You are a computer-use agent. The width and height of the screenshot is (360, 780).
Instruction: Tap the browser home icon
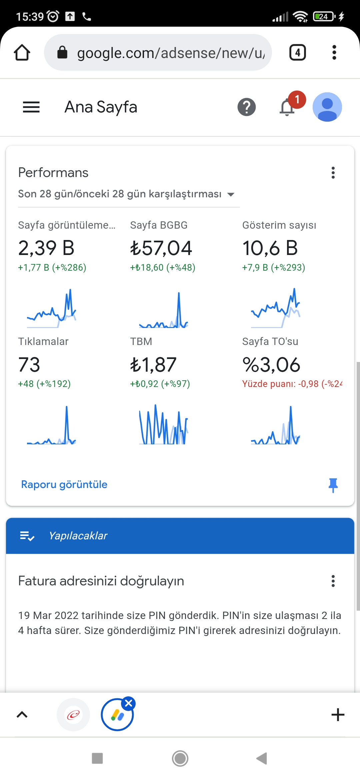[x=22, y=52]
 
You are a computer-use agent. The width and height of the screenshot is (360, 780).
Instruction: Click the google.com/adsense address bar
[x=158, y=52]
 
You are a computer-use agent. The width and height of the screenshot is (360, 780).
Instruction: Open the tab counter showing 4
[x=298, y=52]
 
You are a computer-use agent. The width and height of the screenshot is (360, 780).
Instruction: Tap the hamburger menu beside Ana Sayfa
[x=31, y=107]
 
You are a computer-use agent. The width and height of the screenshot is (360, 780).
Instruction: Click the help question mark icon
[x=247, y=107]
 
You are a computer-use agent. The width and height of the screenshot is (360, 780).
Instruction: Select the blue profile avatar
[x=327, y=107]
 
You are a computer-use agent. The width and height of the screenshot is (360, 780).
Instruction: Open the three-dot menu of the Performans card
[x=333, y=173]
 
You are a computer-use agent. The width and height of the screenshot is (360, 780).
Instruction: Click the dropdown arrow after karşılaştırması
[x=231, y=194]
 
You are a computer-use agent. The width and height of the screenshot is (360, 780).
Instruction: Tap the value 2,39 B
[x=46, y=248]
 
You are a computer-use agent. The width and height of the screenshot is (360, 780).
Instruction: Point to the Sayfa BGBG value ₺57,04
[x=161, y=248]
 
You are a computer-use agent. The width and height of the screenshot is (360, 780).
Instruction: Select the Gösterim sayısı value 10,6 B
[x=270, y=248]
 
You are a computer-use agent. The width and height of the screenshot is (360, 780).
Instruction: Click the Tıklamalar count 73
[x=29, y=364]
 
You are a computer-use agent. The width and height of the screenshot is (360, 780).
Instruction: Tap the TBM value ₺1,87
[x=153, y=364]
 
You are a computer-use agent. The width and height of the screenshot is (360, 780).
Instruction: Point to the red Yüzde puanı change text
[x=292, y=384]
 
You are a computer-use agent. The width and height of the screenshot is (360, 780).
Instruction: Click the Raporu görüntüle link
[x=64, y=484]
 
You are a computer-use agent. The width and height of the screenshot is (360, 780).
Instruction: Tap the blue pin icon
[x=333, y=485]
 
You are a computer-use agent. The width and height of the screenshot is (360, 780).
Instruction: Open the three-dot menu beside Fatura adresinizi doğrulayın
[x=333, y=581]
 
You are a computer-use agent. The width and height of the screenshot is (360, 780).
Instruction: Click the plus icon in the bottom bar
[x=338, y=715]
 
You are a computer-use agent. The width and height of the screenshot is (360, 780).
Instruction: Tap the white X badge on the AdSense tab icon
[x=128, y=703]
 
